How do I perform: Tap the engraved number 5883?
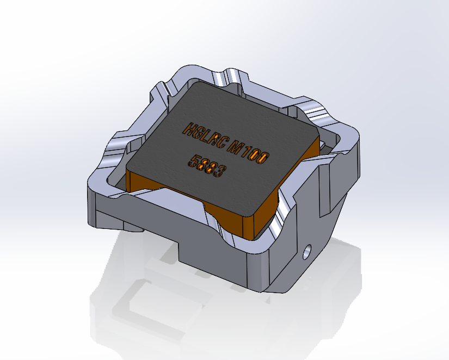click(x=206, y=166)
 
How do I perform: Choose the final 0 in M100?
click(x=263, y=158)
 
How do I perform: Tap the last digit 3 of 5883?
click(x=219, y=172)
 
